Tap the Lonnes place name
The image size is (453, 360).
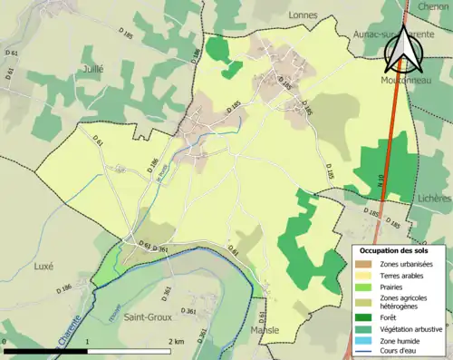pyautogui.click(x=302, y=15)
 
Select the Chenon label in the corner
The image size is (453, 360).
pyautogui.click(x=434, y=5)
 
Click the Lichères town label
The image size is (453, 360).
pyautogui.click(x=433, y=197)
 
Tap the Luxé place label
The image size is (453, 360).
pyautogui.click(x=43, y=268)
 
